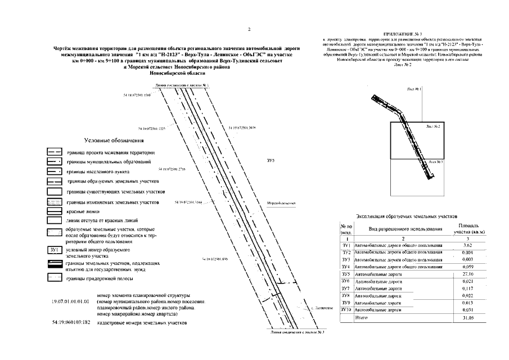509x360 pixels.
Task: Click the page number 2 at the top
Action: (250, 29)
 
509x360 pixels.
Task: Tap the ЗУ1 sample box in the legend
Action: (55, 250)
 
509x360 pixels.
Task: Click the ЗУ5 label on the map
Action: (270, 161)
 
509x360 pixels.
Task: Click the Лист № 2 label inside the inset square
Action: (432, 127)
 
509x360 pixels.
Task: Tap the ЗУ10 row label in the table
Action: (346, 310)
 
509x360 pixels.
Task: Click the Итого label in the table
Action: (361, 318)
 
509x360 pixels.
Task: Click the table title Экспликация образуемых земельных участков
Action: (408, 215)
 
